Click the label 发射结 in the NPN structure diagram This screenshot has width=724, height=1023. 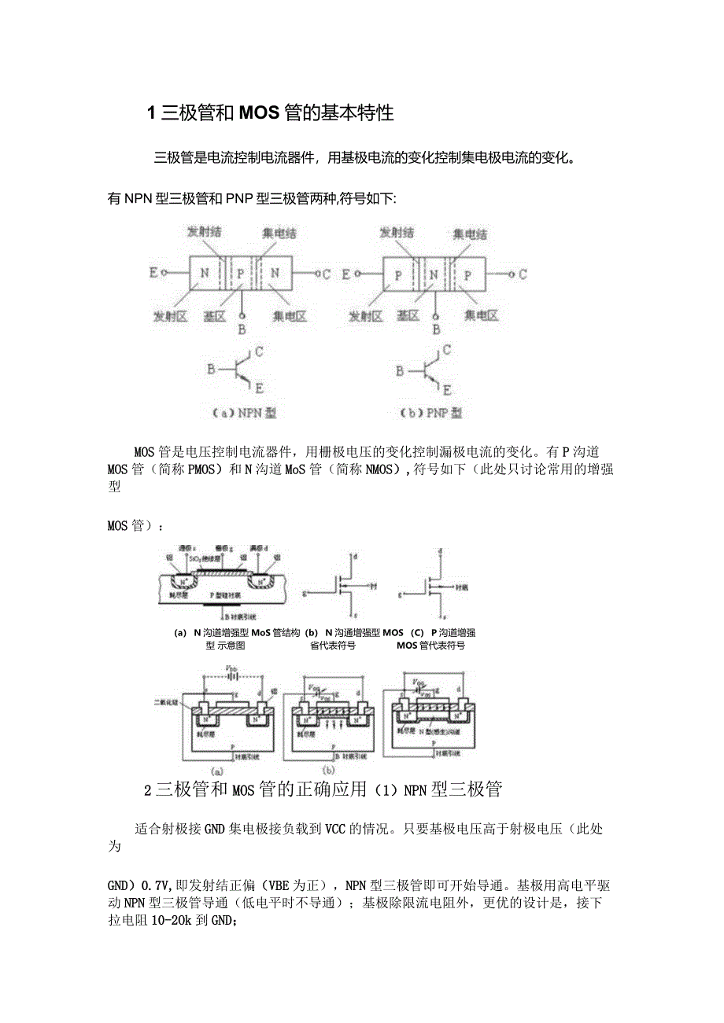pos(203,234)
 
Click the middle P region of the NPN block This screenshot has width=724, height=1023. pos(240,274)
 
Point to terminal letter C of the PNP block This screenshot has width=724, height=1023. pos(523,274)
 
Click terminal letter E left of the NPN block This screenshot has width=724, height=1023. pos(153,274)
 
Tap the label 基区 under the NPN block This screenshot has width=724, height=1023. pos(215,317)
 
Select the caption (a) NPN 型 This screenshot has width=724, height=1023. pos(243,412)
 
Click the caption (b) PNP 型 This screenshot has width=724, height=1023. pos(431,412)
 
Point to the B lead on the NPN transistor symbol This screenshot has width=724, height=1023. pos(210,369)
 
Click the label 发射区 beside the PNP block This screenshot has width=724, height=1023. pos(365,317)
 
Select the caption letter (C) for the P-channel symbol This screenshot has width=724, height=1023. pos(417,632)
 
